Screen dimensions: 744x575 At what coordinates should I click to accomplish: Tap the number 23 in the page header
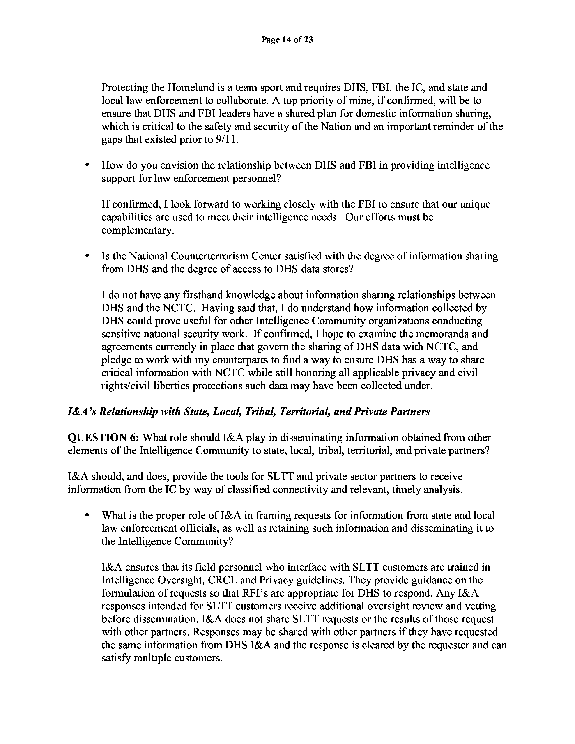[308, 40]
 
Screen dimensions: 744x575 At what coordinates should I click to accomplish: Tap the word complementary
[138, 231]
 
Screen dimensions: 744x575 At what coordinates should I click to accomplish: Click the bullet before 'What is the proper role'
[87, 516]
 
